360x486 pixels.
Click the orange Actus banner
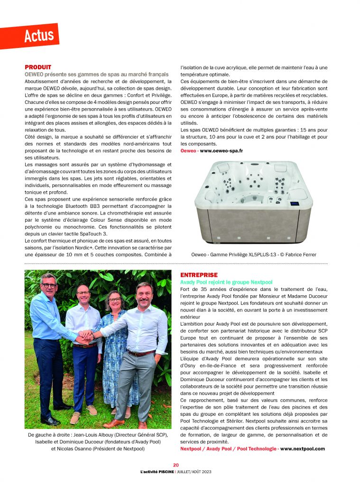pos(39,36)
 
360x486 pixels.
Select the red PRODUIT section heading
pos(38,67)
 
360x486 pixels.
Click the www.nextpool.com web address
pos(303,449)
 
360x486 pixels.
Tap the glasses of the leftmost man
pos(49,286)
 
